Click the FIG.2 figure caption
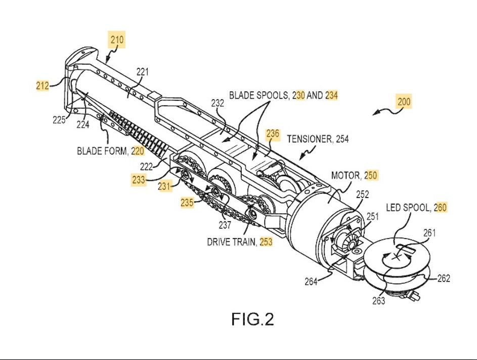(x=252, y=319)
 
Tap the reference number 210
(x=117, y=40)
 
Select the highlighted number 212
(x=42, y=86)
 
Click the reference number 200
(x=404, y=101)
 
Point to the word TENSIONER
(x=310, y=139)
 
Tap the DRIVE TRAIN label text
(x=231, y=242)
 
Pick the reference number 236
(x=273, y=134)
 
